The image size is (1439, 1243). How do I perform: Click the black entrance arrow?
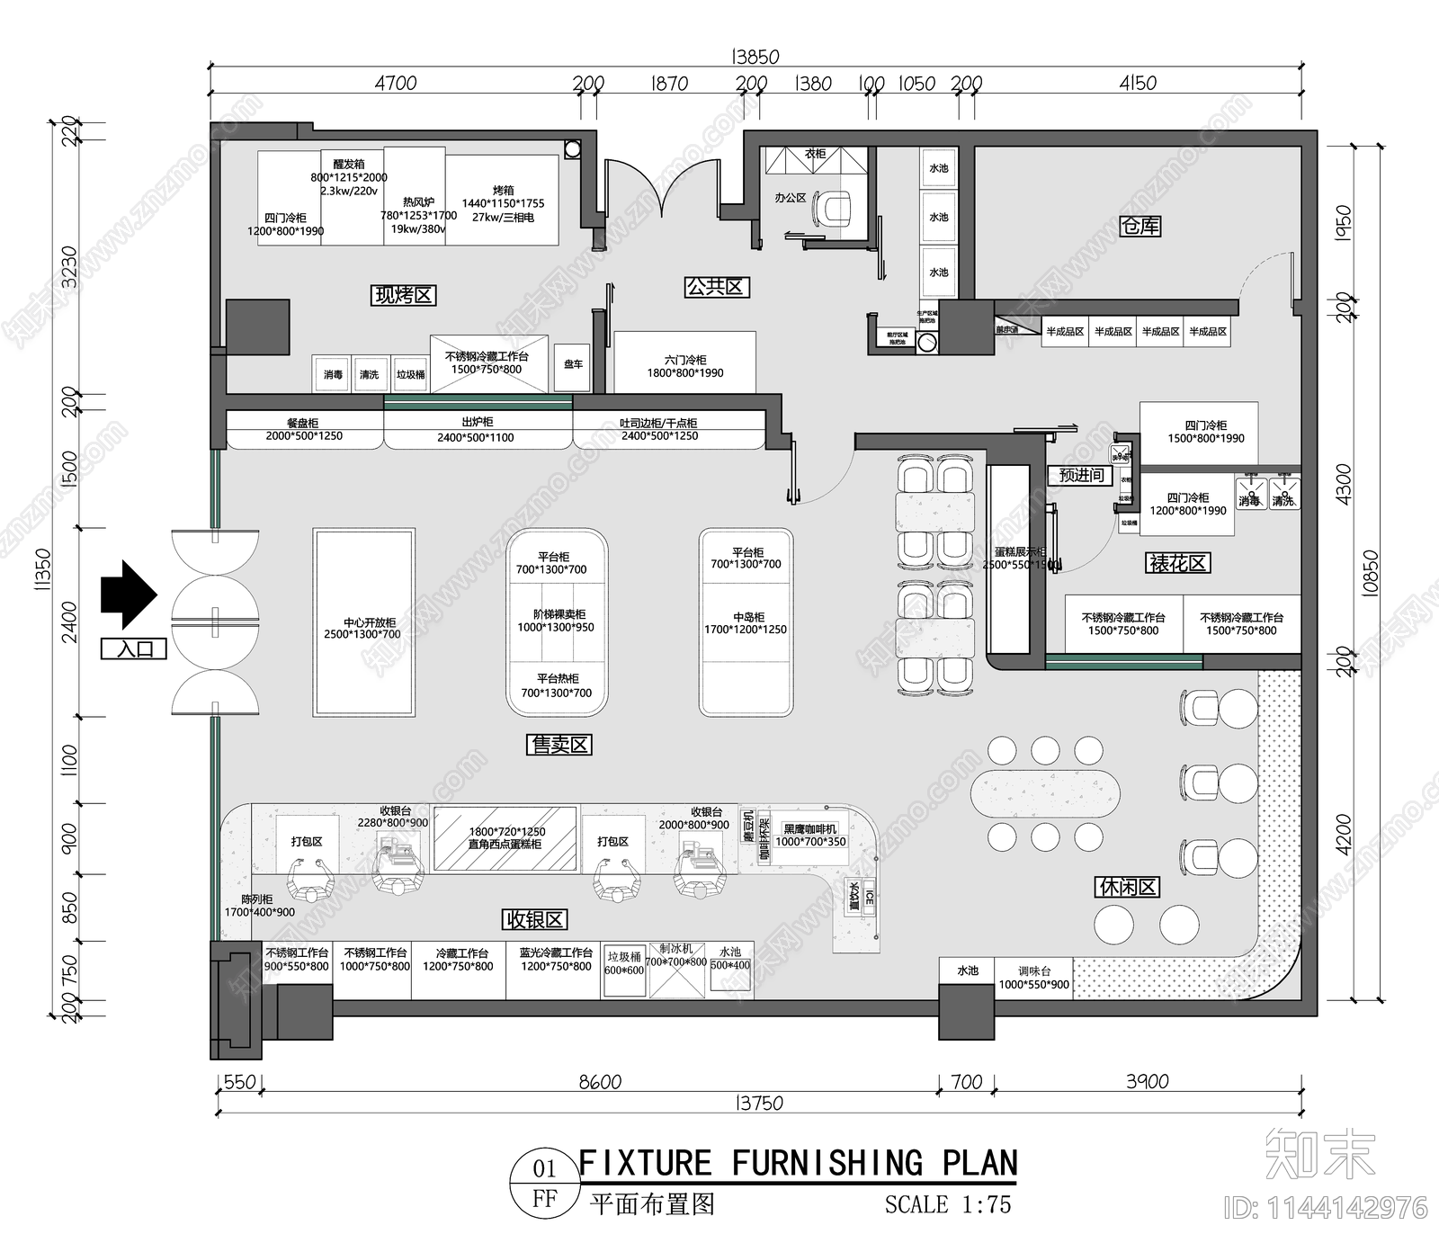(129, 594)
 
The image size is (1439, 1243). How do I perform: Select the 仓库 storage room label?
(1140, 226)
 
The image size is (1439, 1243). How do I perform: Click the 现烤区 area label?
(403, 295)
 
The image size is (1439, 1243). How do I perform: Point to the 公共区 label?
(716, 287)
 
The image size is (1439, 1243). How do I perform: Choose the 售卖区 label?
(559, 744)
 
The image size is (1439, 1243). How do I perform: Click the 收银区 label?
(534, 919)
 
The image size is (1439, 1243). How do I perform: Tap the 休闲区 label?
(1128, 887)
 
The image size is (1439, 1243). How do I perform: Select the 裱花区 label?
(1178, 563)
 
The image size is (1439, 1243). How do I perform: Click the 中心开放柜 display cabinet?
(364, 623)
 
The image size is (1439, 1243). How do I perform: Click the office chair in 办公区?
(834, 207)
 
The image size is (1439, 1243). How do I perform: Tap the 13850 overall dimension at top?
(755, 57)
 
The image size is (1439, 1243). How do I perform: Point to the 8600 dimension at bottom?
(600, 1082)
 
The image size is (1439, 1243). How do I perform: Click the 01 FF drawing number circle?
(544, 1183)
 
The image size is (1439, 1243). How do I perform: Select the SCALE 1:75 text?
(947, 1203)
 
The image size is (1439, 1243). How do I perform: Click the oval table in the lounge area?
(1045, 793)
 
